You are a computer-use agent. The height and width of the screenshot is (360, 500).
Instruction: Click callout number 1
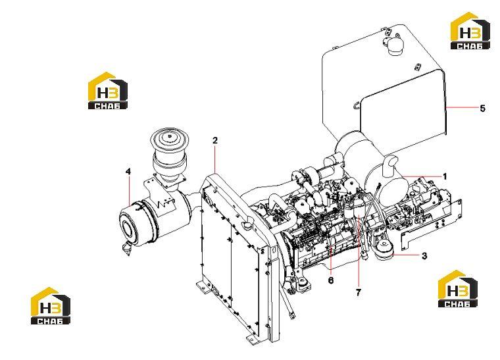click(x=445, y=176)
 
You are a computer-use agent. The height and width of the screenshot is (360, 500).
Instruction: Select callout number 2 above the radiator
click(x=215, y=140)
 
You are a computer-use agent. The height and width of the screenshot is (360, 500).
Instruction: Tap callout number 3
click(x=424, y=256)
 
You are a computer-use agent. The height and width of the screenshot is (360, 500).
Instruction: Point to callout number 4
click(x=128, y=172)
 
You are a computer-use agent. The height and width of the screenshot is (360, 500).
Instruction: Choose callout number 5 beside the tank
click(x=482, y=109)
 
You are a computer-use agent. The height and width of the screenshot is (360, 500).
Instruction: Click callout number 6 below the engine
click(x=331, y=280)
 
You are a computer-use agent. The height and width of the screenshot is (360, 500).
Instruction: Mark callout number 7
click(x=359, y=292)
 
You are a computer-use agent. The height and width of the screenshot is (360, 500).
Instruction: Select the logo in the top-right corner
click(x=470, y=31)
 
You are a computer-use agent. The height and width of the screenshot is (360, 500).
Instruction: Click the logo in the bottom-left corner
click(x=51, y=306)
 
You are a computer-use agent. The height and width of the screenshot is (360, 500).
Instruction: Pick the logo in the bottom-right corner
click(x=458, y=288)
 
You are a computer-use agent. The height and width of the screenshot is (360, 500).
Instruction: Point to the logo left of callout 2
click(x=107, y=91)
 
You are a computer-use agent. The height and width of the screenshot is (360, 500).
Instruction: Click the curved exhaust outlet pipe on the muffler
click(x=390, y=165)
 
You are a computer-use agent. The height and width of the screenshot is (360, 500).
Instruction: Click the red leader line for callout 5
click(x=462, y=108)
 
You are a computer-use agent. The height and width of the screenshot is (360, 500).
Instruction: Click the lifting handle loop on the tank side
click(x=357, y=105)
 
